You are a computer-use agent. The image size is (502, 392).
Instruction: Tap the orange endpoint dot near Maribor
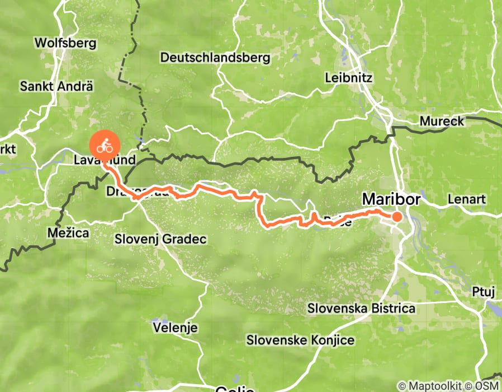tap(397, 217)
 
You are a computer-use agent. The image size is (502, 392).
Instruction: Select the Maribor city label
tap(391, 199)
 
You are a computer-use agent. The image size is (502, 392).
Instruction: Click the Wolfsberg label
tap(65, 43)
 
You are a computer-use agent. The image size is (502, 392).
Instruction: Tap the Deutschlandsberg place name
tap(215, 57)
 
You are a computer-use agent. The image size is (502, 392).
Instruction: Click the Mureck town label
tap(442, 122)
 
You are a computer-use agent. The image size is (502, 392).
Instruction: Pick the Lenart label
tap(467, 199)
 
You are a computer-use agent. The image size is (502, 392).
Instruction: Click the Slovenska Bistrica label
tap(362, 309)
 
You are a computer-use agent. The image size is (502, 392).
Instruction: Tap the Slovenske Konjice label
tap(301, 340)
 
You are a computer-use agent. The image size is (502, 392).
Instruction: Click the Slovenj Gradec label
tap(160, 239)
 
